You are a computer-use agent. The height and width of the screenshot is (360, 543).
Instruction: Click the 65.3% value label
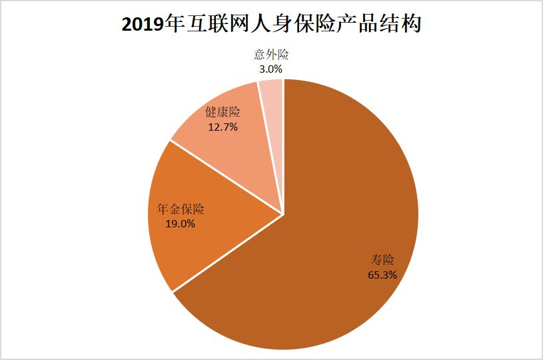382,274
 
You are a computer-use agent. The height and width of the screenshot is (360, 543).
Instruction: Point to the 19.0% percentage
180,224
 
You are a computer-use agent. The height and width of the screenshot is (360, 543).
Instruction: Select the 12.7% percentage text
223,126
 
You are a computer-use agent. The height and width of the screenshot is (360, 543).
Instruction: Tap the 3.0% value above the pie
271,68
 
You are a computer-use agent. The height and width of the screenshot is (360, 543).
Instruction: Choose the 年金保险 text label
180,209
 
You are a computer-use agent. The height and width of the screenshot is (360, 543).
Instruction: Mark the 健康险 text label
223,111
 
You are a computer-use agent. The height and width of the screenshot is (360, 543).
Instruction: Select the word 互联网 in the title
213,25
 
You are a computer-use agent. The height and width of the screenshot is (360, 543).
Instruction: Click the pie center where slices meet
284,214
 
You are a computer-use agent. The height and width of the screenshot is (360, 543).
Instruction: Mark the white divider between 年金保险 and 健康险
227,177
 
